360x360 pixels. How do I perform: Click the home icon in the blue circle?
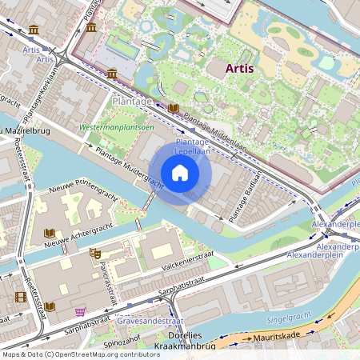pyautogui.click(x=180, y=172)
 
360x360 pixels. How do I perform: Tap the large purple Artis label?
pyautogui.click(x=240, y=68)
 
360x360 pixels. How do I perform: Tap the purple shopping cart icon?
pyautogui.click(x=79, y=311)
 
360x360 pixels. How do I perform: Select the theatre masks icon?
pyautogui.click(x=96, y=254)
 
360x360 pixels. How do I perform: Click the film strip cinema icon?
pyautogui.click(x=20, y=297)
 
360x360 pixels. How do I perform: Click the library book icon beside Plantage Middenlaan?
pyautogui.click(x=173, y=108)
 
